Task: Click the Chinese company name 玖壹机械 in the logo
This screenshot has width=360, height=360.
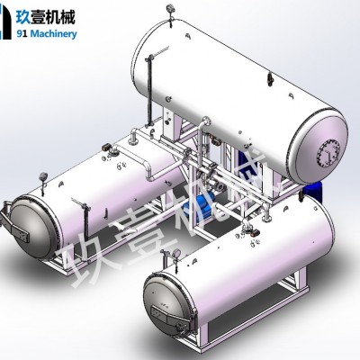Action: tap(45, 16)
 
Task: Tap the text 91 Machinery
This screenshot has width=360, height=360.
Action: tap(47, 33)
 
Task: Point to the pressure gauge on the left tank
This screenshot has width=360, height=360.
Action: tap(43, 176)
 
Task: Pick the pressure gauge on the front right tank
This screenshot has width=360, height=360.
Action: tap(176, 254)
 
